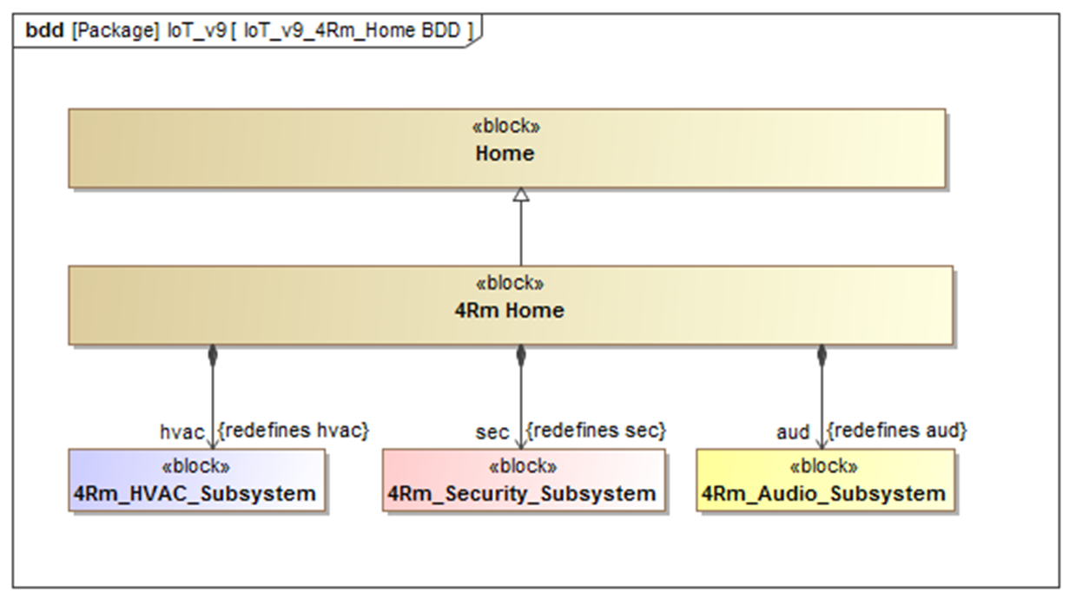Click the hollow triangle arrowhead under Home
tap(521, 195)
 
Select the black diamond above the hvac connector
tap(212, 355)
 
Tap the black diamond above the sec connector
tap(521, 355)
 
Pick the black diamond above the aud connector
tap(822, 355)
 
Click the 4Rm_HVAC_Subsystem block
tap(197, 480)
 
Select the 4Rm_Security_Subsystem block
tap(524, 480)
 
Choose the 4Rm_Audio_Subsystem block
tap(825, 480)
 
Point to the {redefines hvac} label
tap(294, 431)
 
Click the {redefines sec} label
tap(596, 431)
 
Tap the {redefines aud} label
tap(897, 431)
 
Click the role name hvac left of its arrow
tap(182, 432)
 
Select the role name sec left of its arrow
tap(492, 432)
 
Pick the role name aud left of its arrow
tap(793, 432)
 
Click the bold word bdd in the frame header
tap(44, 30)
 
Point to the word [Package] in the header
tap(116, 30)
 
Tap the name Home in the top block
tap(505, 154)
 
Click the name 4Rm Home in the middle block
tap(510, 311)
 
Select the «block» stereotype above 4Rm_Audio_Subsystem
tap(824, 466)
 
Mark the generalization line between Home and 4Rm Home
tap(521, 234)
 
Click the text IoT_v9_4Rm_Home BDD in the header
tap(352, 30)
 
